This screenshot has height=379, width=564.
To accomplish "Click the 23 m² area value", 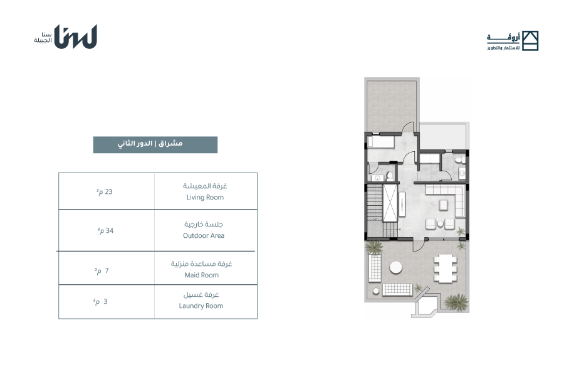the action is coord(104,191).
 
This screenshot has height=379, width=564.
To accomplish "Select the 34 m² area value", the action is coord(105,230).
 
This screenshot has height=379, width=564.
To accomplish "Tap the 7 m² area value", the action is coord(102,270).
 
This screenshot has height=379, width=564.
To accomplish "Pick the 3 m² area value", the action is coord(100,302).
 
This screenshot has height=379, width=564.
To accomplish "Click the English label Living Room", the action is coord(205,198).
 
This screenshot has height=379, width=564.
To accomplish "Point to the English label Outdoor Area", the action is coord(204,235).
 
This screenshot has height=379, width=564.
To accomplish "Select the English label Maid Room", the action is coord(201,275).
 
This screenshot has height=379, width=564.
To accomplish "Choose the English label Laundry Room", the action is coord(201,306).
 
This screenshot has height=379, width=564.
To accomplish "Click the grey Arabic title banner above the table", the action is coord(155,144).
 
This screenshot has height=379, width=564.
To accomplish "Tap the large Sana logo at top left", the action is coord(76,36).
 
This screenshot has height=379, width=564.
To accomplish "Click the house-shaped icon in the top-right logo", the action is coord(530,40).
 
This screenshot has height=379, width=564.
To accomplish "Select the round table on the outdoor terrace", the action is coord(395,268).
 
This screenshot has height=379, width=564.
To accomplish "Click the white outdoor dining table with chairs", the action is coord(446,268).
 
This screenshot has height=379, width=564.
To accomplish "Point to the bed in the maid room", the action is coord(381,141).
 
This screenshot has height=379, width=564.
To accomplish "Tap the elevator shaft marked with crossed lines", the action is coord(390,203).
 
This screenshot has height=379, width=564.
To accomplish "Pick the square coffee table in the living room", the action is coord(443,205).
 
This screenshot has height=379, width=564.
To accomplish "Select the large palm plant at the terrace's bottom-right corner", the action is coord(456,302).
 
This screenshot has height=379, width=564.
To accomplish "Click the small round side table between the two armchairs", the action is coord(441,224).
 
